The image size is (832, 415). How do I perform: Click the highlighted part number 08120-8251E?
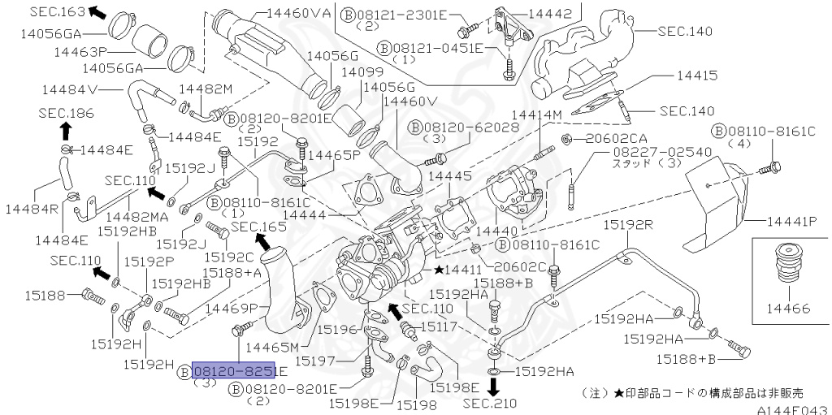[x=239, y=371]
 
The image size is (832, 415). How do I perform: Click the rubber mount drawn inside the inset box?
[x=786, y=264]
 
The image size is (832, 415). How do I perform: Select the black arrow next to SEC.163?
[x=97, y=11]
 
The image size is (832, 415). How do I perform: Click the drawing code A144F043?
[x=792, y=409]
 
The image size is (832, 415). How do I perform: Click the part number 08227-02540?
[x=661, y=152]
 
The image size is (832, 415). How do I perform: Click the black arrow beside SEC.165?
[x=262, y=240]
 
